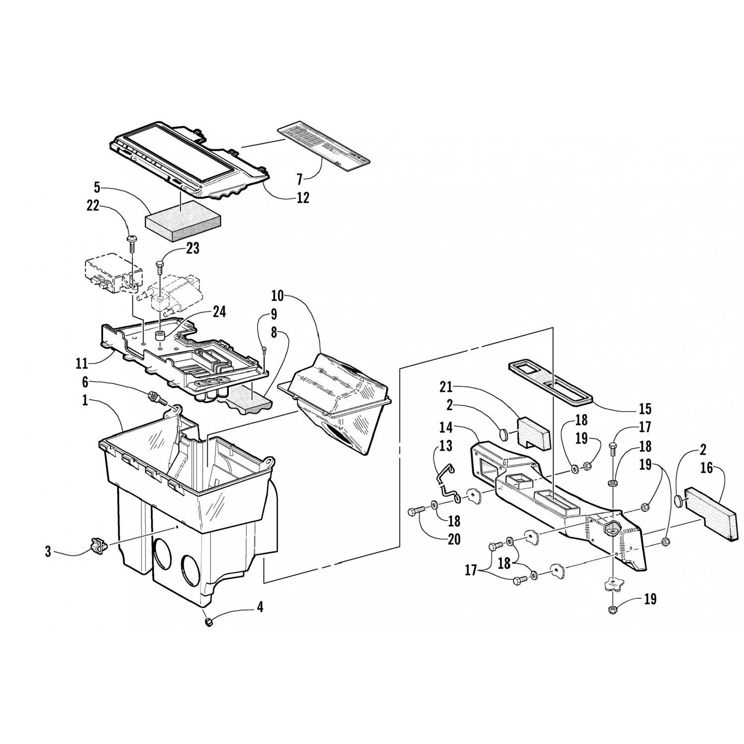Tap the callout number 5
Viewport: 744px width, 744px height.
click(x=97, y=187)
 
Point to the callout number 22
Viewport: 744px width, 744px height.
click(x=93, y=207)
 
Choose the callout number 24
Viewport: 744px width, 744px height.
click(x=219, y=311)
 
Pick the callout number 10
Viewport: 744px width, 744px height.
click(x=277, y=297)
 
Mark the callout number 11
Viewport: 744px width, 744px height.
click(x=82, y=364)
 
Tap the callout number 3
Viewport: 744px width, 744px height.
click(x=48, y=552)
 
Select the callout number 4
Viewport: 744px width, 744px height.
click(x=260, y=607)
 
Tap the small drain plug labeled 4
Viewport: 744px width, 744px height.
click(x=209, y=621)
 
